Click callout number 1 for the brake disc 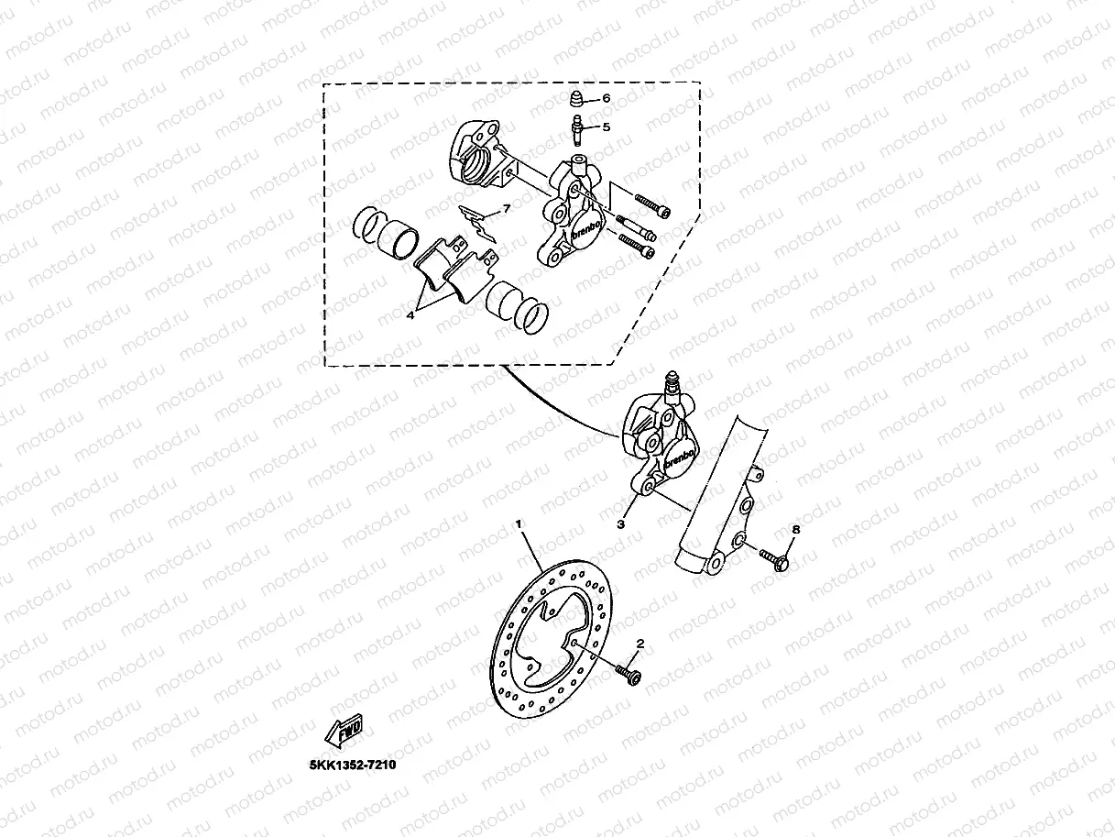click(x=519, y=523)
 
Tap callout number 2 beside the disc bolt click(x=640, y=644)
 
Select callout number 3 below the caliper click(x=620, y=524)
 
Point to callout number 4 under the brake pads click(x=410, y=314)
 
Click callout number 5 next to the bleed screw click(x=606, y=127)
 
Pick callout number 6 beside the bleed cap click(x=606, y=98)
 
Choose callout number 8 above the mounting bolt click(x=794, y=529)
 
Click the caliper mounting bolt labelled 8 click(x=774, y=558)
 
